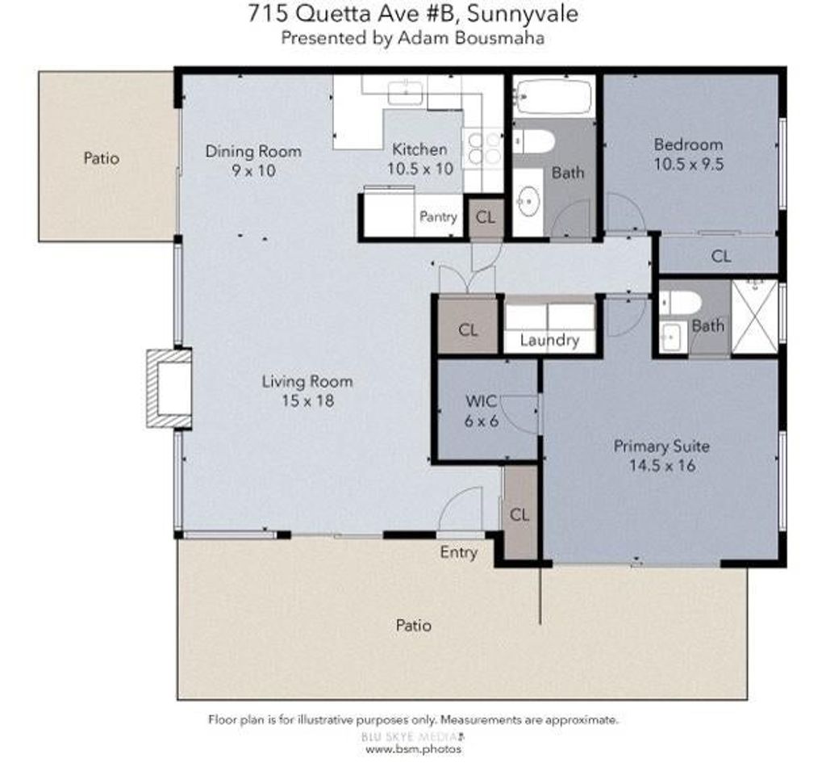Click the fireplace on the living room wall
(169, 388)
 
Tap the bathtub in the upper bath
(553, 96)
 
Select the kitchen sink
(405, 93)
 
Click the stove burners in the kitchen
(484, 149)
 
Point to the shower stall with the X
(754, 316)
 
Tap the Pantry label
(438, 216)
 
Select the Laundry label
(549, 341)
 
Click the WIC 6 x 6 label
(482, 411)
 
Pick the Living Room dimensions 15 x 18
(307, 400)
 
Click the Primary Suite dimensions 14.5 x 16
(662, 466)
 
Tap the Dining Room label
(253, 151)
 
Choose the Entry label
(459, 552)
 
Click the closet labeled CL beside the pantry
(485, 218)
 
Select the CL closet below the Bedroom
(720, 256)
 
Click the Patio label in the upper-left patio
(101, 158)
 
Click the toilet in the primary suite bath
(680, 303)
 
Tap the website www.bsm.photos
(414, 749)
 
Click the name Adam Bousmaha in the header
(471, 38)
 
